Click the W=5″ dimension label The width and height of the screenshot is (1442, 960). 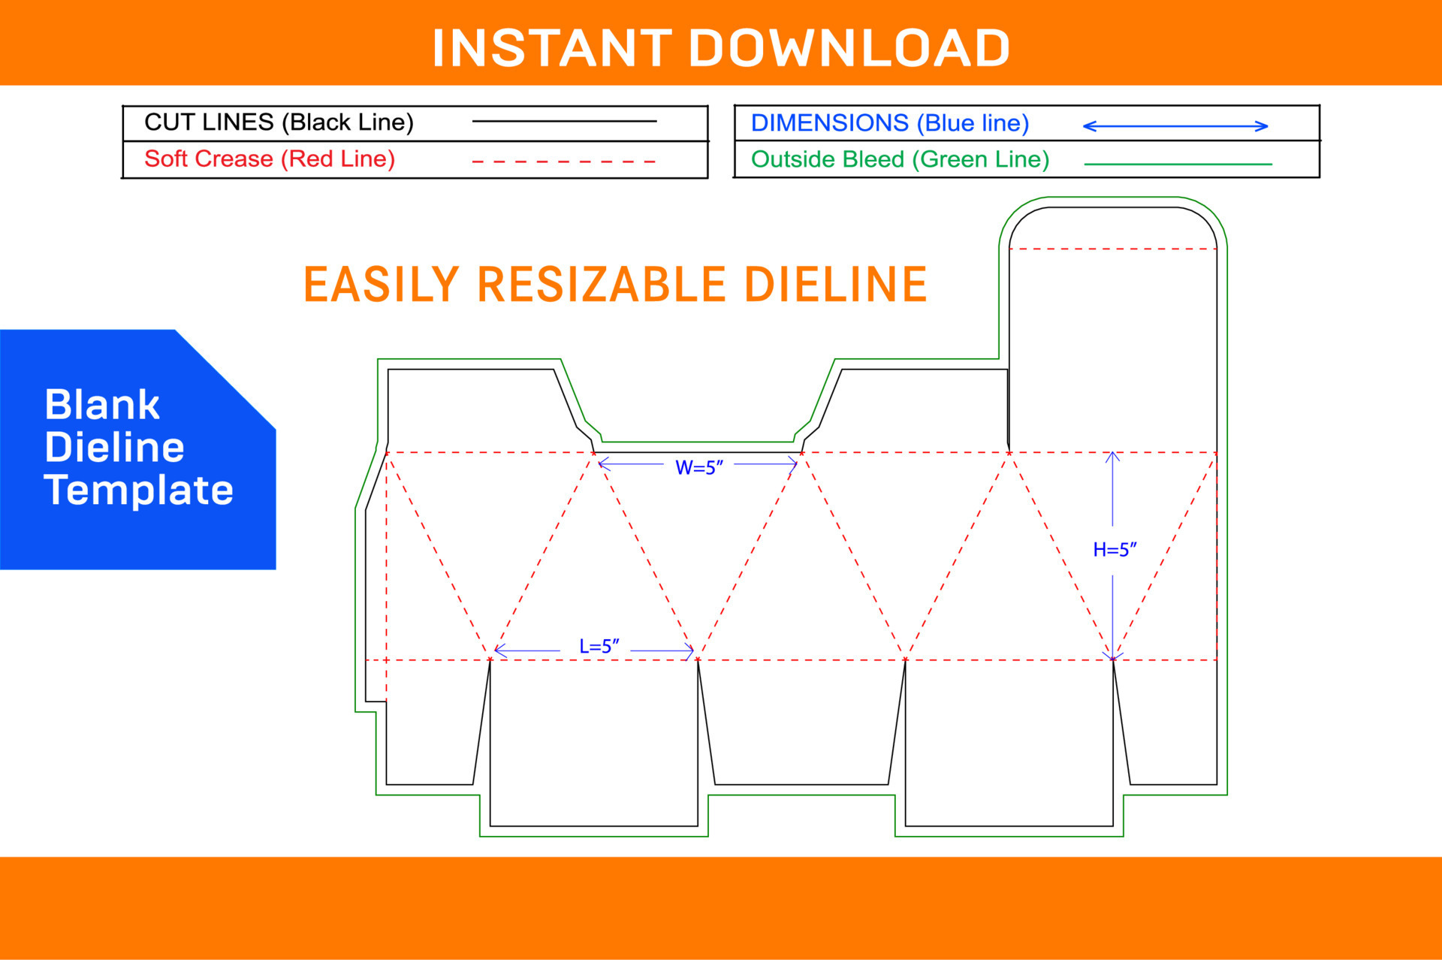click(x=698, y=467)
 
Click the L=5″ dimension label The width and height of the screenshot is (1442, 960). click(x=599, y=646)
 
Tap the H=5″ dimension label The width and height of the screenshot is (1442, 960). click(x=1115, y=550)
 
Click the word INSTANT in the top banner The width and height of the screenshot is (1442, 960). click(x=552, y=48)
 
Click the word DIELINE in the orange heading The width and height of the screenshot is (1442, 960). click(x=835, y=285)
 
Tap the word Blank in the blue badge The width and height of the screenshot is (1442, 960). click(x=102, y=405)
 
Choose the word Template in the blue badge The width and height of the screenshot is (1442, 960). click(x=139, y=490)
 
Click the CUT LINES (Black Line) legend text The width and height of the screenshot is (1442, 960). click(x=279, y=122)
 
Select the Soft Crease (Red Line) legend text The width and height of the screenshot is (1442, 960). click(x=270, y=159)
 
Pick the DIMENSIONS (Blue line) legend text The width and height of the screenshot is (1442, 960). click(x=890, y=123)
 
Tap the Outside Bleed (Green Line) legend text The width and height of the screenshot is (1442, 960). click(x=900, y=159)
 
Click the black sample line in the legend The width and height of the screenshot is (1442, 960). click(x=564, y=121)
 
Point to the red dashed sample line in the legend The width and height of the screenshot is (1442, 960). click(x=564, y=161)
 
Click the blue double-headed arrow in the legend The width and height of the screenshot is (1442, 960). click(x=1175, y=126)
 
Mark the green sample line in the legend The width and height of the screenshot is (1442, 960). click(x=1178, y=163)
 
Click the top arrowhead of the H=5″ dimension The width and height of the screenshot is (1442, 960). click(x=1112, y=456)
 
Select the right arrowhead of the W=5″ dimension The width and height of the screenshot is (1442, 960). click(x=793, y=464)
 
